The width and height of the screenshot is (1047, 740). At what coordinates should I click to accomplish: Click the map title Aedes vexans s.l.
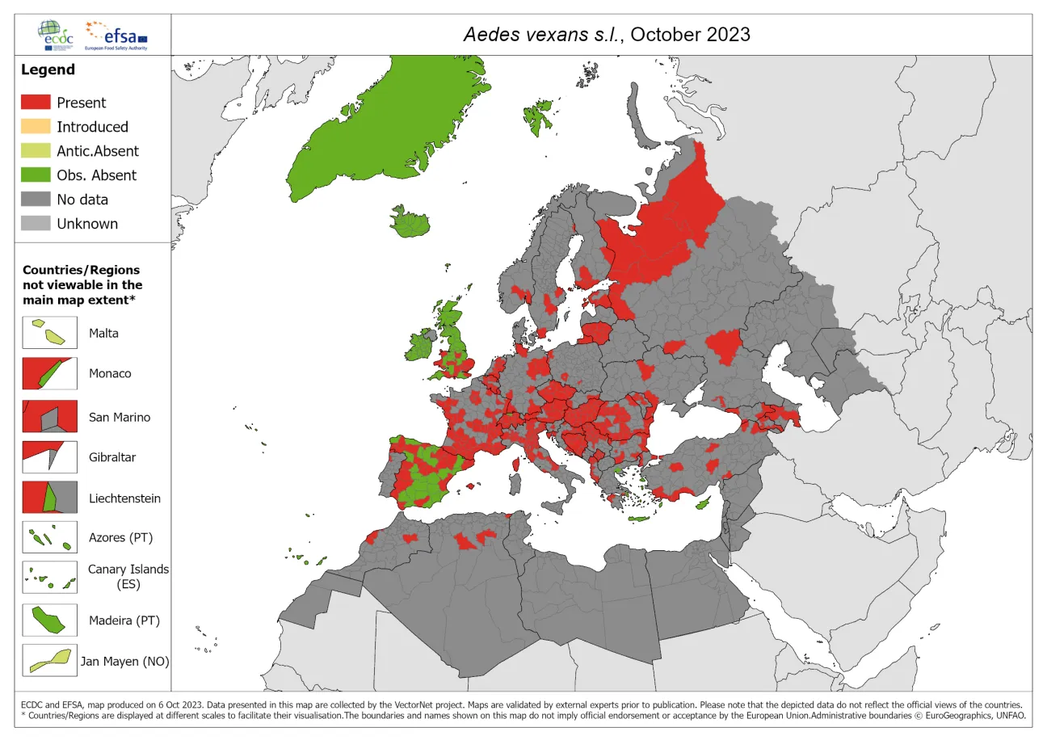(x=606, y=35)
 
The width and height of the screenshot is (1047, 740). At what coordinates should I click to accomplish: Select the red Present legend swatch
(x=35, y=103)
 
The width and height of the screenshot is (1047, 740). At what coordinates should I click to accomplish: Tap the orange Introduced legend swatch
(x=35, y=127)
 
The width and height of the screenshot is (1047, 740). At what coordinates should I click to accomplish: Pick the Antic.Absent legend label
(x=97, y=151)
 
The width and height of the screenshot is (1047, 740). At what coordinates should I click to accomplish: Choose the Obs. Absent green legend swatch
(x=35, y=175)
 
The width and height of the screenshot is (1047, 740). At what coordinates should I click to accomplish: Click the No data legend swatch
(x=35, y=200)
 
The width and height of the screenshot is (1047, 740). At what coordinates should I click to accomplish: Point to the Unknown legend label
(x=86, y=224)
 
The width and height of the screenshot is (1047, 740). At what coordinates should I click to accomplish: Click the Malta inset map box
(x=49, y=333)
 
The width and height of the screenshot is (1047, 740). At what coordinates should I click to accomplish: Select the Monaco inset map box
(x=49, y=374)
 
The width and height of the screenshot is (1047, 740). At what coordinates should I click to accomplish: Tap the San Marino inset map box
(x=49, y=417)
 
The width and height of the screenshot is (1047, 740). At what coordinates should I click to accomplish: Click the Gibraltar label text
(x=112, y=457)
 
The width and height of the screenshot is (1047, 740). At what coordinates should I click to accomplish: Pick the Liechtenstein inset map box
(x=49, y=498)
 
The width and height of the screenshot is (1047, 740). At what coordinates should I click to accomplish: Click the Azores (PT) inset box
(x=49, y=537)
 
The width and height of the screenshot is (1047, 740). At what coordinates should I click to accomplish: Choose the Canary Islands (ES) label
(x=128, y=576)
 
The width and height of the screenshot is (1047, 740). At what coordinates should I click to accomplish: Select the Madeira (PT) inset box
(x=49, y=620)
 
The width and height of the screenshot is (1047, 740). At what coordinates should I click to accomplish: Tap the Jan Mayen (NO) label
(x=124, y=662)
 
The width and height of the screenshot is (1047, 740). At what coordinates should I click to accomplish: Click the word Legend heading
(x=48, y=70)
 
